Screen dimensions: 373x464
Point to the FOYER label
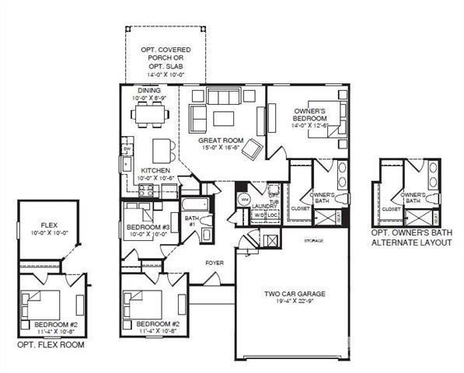214,263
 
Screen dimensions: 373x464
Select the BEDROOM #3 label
143,228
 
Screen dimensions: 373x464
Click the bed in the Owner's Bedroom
326,121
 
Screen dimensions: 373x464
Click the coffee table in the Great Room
224,118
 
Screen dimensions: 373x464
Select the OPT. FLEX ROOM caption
51,344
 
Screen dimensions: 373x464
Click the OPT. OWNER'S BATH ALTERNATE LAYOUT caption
411,237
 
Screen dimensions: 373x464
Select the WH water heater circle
243,198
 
